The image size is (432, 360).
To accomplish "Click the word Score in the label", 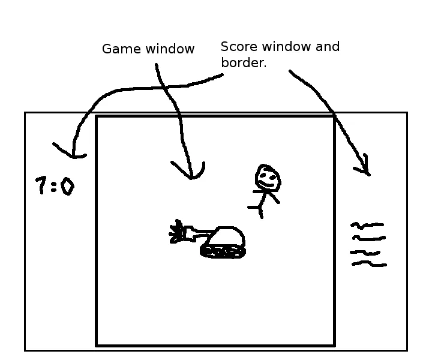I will (x=236, y=47).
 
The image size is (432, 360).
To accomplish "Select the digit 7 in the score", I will (x=41, y=185).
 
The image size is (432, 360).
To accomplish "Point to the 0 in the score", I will (x=67, y=187).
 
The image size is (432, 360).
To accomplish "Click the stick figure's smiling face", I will (x=268, y=178).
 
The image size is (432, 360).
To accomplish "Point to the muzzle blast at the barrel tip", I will (x=176, y=232).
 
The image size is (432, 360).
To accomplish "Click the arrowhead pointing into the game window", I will (x=191, y=175).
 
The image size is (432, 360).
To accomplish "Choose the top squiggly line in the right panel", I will (x=367, y=226).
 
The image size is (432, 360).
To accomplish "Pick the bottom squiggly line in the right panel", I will (x=368, y=263).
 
